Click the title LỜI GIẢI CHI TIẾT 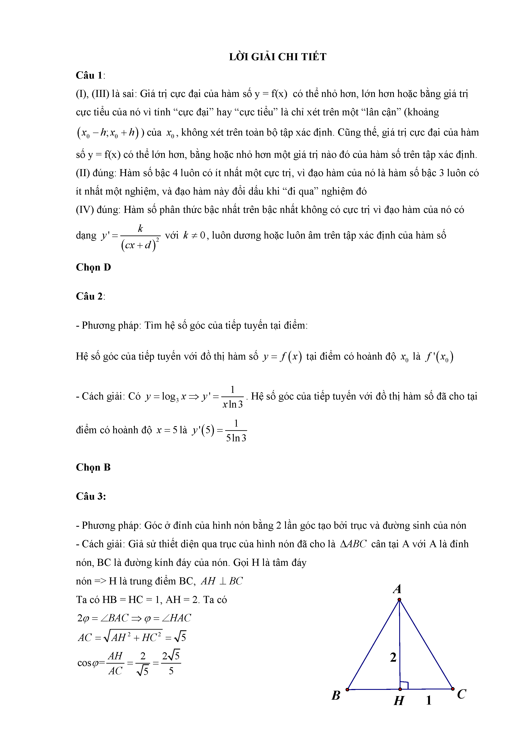(278, 57)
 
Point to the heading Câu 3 (91, 496)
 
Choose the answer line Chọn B (93, 467)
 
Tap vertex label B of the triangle (336, 695)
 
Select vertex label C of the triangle (461, 694)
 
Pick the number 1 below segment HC (429, 700)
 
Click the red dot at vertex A (399, 600)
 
